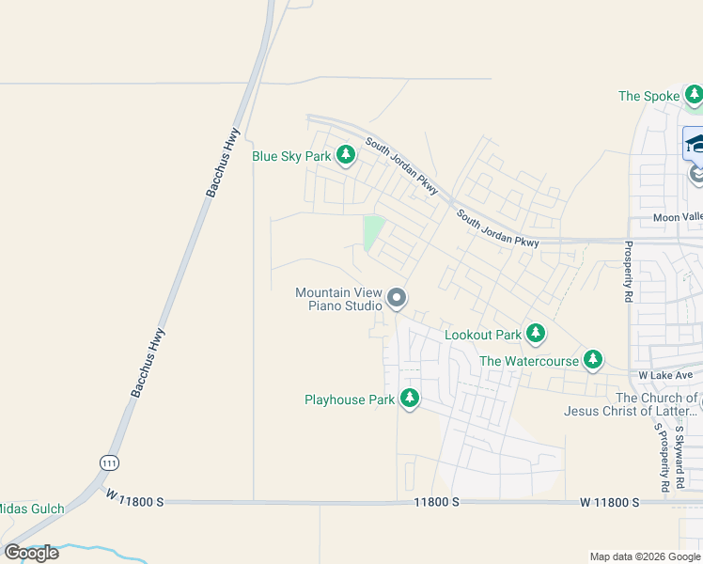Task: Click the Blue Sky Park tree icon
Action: coord(346,154)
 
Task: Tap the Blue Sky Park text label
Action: coord(290,156)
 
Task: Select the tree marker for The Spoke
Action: coord(694,94)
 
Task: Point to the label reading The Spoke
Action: coord(648,96)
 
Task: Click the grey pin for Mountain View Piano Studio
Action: coord(397,299)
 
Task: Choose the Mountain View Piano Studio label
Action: coord(338,299)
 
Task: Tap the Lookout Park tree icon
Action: coord(536,333)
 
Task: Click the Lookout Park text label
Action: coord(482,335)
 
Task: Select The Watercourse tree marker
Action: coord(592,359)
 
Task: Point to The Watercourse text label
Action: coord(529,361)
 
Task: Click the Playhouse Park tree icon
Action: coord(409,399)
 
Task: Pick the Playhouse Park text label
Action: coord(350,399)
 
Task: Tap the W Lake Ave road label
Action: coord(665,375)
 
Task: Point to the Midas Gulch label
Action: coord(32,509)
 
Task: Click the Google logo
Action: coord(32,553)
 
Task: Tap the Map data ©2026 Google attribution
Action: coord(645,556)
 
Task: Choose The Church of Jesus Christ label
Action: coord(632,404)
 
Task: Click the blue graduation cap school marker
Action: coord(694,143)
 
